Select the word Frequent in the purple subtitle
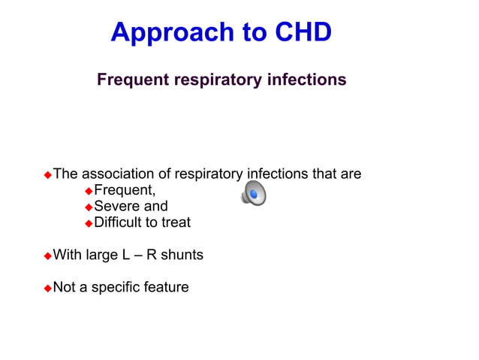coord(132,79)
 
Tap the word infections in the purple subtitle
coord(307,79)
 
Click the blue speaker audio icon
coord(253,194)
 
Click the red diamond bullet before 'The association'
coord(48,175)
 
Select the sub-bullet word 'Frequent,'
coord(125,190)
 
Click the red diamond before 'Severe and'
coord(87,207)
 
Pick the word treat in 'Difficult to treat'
coord(176,222)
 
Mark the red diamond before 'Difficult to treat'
coord(87,223)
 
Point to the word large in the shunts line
coord(101,255)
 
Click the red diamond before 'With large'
coord(48,256)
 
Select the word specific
coord(116,287)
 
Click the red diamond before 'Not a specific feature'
coord(48,288)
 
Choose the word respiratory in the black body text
coord(209,174)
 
